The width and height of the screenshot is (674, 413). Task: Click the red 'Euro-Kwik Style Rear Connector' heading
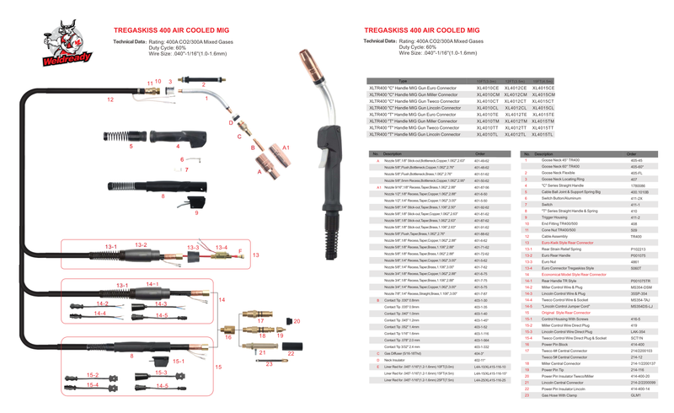click(x=567, y=243)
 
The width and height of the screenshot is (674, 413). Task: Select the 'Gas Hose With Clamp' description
click(x=559, y=394)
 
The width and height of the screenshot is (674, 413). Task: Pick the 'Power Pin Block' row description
click(x=557, y=344)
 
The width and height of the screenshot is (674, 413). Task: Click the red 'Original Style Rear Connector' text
click(x=566, y=313)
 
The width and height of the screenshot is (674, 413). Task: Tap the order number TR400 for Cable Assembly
click(x=636, y=237)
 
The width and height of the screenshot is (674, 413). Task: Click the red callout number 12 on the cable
click(x=110, y=99)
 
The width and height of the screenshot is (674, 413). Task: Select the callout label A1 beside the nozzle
click(x=286, y=147)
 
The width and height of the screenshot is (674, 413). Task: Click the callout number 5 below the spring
click(x=131, y=146)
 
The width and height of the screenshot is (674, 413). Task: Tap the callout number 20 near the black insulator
click(x=297, y=321)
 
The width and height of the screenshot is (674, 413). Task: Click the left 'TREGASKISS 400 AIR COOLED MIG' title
click(x=171, y=29)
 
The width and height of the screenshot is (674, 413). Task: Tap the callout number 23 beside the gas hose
click(x=268, y=363)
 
